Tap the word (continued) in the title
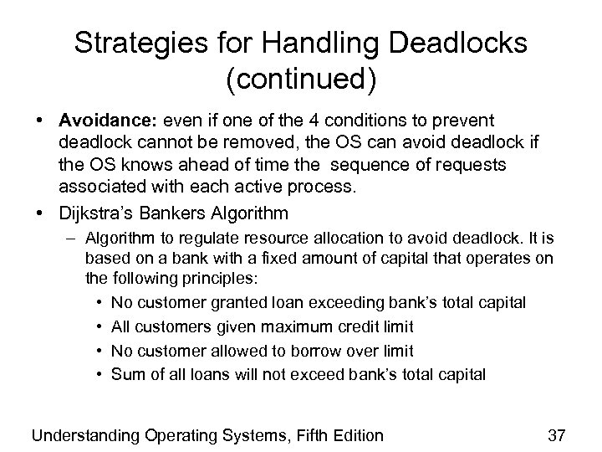click(301, 81)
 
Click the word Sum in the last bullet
click(125, 373)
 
